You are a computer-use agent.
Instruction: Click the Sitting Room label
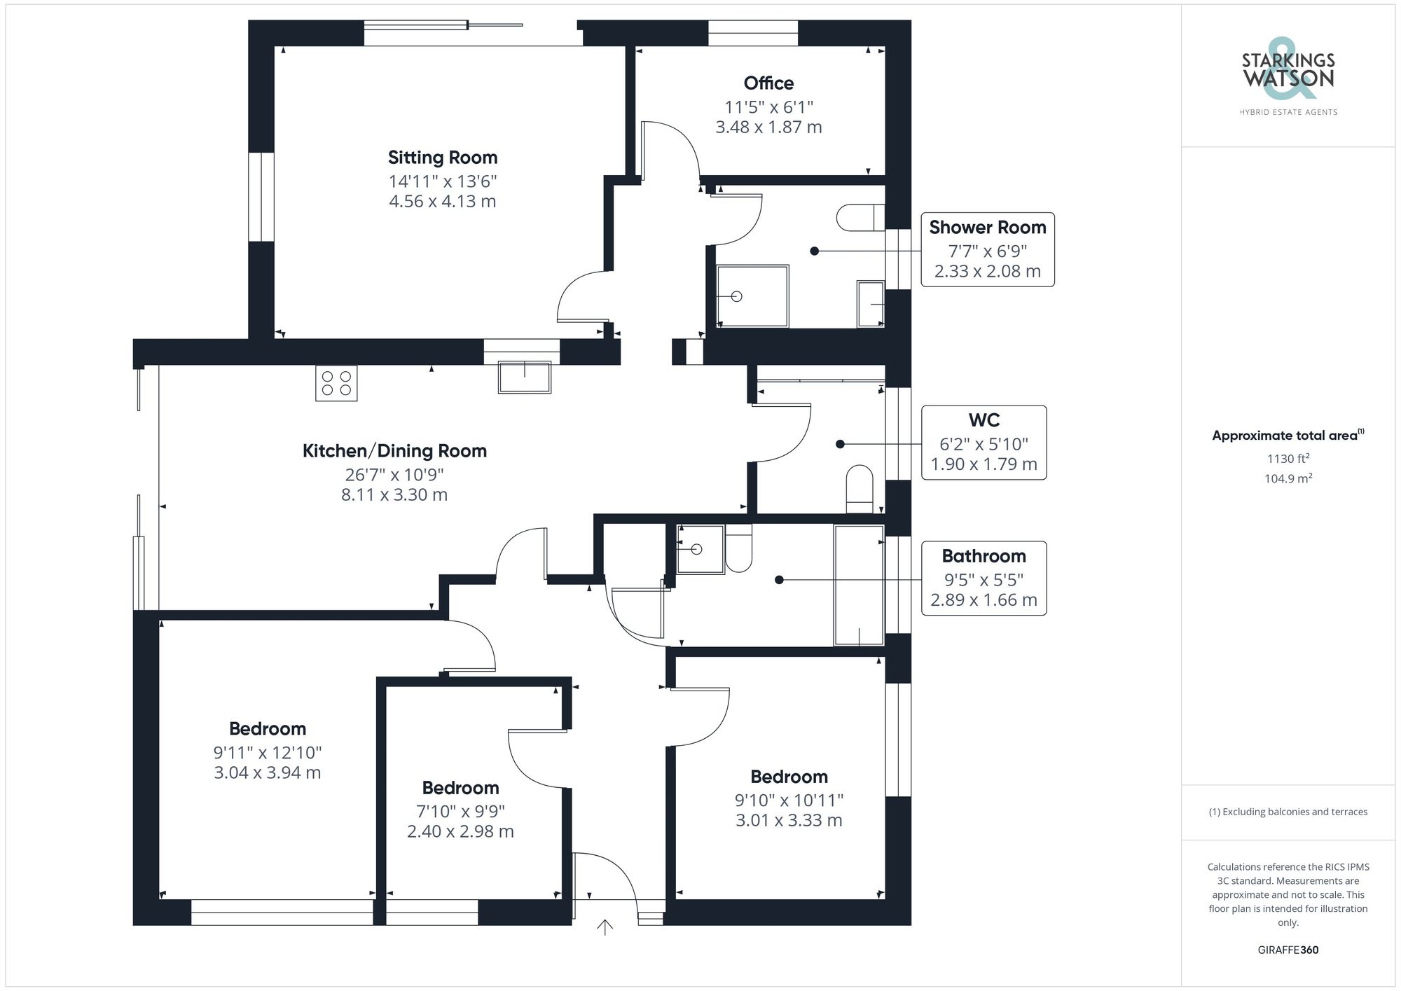point(443,158)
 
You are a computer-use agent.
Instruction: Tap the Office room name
point(768,83)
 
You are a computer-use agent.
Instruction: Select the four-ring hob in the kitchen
point(336,383)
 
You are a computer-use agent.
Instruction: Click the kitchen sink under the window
point(525,377)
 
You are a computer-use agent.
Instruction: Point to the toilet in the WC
point(860,489)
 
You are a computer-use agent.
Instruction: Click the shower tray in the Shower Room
point(753,296)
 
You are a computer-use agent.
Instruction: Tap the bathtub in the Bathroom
point(859,585)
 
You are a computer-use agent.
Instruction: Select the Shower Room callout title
point(987,228)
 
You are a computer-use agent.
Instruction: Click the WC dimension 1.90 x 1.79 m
point(984,464)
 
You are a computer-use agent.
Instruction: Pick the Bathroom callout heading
point(984,556)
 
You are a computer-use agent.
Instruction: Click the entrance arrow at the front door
point(605,927)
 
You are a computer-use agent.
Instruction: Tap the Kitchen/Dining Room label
point(394,451)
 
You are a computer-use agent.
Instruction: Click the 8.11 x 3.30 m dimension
point(394,495)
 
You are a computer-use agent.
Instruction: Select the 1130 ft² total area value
point(1288,459)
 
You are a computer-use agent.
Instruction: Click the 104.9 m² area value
point(1288,479)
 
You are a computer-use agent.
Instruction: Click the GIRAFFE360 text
point(1288,950)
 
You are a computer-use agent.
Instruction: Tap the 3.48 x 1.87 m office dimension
point(768,127)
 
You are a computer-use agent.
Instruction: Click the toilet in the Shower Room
point(861,218)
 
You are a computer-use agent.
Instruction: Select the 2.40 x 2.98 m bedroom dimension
point(460,832)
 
